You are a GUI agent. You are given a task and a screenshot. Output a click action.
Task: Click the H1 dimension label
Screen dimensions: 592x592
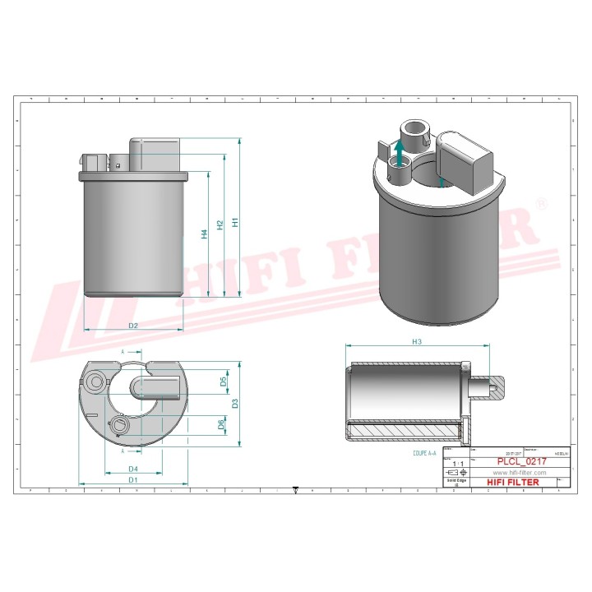(235, 222)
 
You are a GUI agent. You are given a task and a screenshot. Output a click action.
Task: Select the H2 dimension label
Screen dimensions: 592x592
(220, 224)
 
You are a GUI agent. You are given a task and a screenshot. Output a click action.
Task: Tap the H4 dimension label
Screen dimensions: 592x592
(204, 234)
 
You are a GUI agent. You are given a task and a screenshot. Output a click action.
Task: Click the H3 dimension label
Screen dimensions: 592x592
(417, 341)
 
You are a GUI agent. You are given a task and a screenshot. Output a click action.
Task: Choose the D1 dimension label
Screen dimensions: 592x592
(132, 479)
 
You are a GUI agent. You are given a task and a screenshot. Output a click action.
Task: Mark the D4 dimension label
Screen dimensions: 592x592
(132, 468)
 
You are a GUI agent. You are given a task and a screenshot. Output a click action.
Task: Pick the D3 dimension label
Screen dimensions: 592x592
(235, 403)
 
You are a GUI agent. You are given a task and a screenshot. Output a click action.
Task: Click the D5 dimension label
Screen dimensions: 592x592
(222, 382)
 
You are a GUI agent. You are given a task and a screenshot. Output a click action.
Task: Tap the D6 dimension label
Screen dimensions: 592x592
(222, 424)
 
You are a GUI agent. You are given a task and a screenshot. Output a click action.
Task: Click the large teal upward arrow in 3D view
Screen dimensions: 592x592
(399, 153)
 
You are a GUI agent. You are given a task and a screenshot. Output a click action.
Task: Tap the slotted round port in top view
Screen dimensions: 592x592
(120, 424)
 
